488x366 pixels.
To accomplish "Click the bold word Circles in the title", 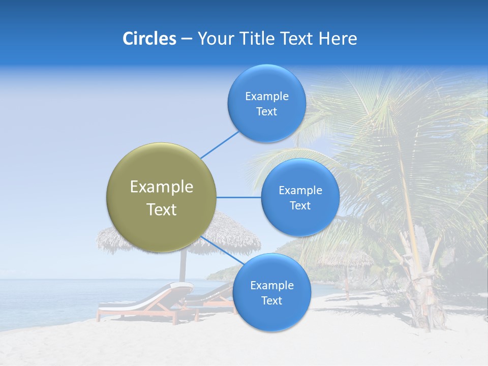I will click(x=149, y=39).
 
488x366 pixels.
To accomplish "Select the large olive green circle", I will click(x=161, y=197).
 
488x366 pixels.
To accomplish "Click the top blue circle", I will click(x=266, y=104).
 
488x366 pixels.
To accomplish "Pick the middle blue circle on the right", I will click(x=300, y=198).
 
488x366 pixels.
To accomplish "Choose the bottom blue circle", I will click(x=271, y=293).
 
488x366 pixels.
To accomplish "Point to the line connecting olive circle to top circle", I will click(x=220, y=144).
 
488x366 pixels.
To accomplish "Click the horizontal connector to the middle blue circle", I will click(x=238, y=197).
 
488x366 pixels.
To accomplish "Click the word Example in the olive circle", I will click(x=161, y=187).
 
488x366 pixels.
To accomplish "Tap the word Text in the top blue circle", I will click(x=266, y=112).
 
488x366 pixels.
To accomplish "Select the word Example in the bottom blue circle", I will click(x=271, y=285).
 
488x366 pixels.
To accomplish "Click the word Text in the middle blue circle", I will click(x=300, y=206).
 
